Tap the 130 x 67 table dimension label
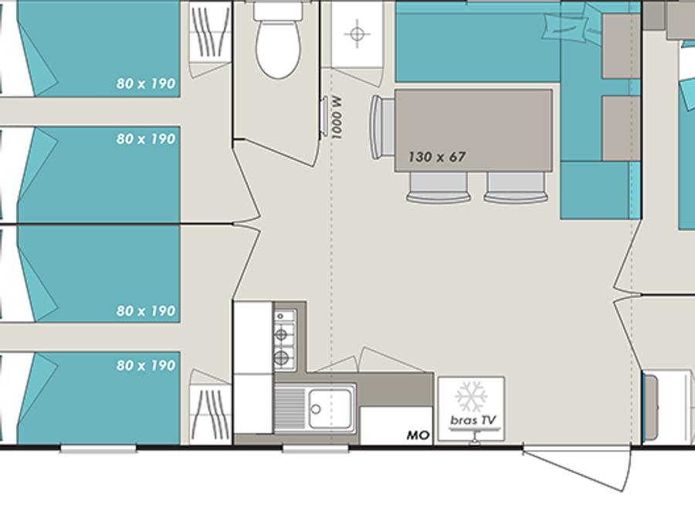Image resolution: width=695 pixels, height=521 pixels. tap(436, 157)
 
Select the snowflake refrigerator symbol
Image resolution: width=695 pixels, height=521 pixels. tap(471, 396)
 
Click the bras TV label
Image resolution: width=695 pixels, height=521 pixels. tap(473, 420)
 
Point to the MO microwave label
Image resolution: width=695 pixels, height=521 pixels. tap(418, 435)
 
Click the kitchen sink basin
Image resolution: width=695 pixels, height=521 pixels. tap(331, 408)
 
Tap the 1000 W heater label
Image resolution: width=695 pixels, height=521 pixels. tap(337, 119)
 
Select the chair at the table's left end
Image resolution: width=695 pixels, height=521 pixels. tap(383, 127)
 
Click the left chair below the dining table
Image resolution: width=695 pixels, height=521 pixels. tap(439, 188)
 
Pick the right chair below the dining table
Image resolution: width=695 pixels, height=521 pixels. tap(516, 188)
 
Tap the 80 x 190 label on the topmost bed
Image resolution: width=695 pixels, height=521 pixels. tap(146, 83)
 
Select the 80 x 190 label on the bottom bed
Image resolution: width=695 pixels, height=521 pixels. tap(146, 366)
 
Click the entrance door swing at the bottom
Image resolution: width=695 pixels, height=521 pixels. tap(577, 467)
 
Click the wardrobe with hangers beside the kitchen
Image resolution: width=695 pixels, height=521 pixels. tap(211, 414)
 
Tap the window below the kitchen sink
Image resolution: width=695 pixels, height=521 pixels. tap(316, 449)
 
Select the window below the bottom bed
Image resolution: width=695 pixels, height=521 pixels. tap(98, 449)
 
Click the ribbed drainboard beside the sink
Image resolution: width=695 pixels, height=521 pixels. tap(291, 408)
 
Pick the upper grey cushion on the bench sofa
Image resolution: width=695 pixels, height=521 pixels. tap(621, 46)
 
